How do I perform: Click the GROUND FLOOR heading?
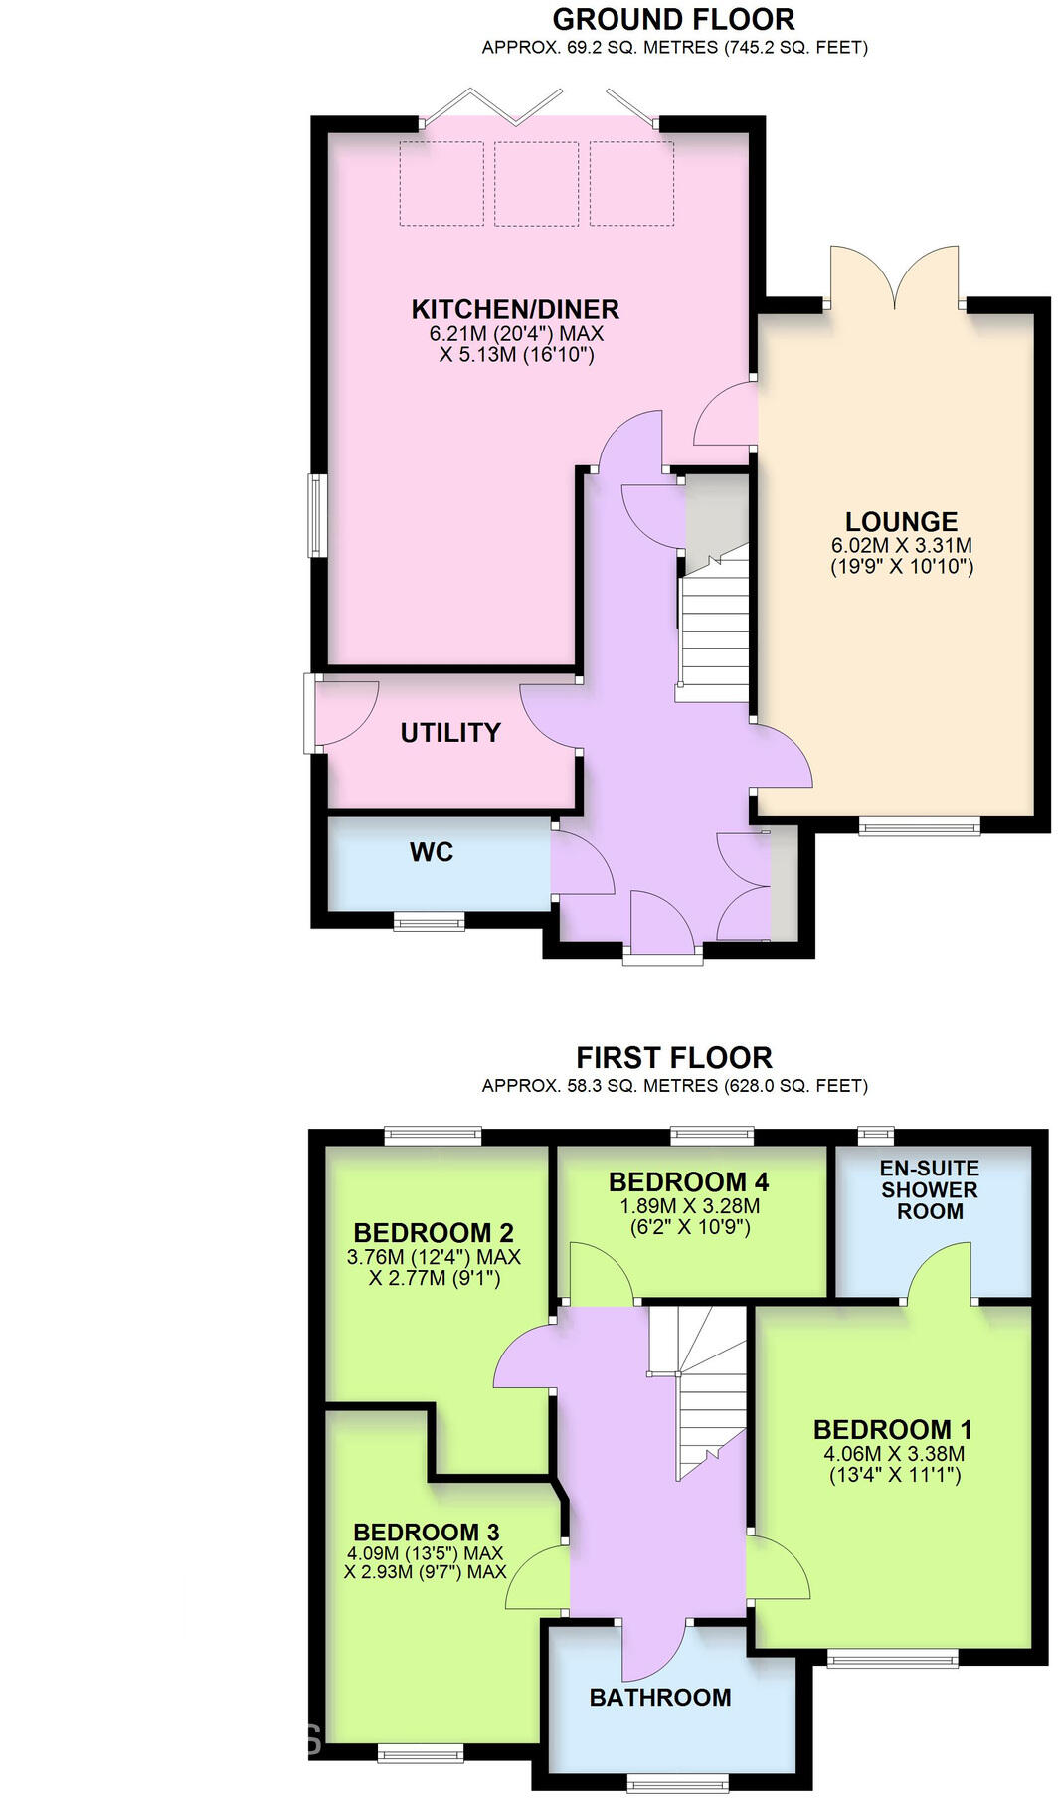[x=673, y=19]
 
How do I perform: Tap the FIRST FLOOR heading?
[x=673, y=1057]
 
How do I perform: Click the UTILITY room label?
[x=450, y=733]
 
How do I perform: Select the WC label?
[x=432, y=852]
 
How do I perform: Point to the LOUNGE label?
[x=901, y=522]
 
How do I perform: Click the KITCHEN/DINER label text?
[x=515, y=309]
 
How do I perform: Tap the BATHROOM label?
[x=660, y=1698]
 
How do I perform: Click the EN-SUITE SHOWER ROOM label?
[x=929, y=1189]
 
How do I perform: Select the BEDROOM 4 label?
[x=688, y=1182]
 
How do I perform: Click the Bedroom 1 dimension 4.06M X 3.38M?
[x=894, y=1453]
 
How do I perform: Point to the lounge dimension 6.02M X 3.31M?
[x=901, y=545]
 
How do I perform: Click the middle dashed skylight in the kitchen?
[x=536, y=184]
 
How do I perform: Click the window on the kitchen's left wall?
[x=315, y=515]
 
